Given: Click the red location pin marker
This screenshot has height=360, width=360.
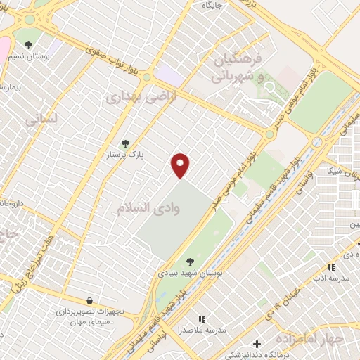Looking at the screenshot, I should point(181,165).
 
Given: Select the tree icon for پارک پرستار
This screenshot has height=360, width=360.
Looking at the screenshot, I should point(126,143).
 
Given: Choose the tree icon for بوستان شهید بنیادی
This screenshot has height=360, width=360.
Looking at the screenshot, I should point(190,262).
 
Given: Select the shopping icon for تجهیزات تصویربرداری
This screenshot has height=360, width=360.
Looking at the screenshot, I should point(89,300).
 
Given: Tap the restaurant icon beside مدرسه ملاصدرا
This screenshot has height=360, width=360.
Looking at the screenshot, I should point(202,319).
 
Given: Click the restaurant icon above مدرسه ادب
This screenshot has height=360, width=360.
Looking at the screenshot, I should point(331,267).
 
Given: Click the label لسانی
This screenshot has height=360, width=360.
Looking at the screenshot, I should point(40,121).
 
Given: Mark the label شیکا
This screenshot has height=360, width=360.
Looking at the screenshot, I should point(335,171).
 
